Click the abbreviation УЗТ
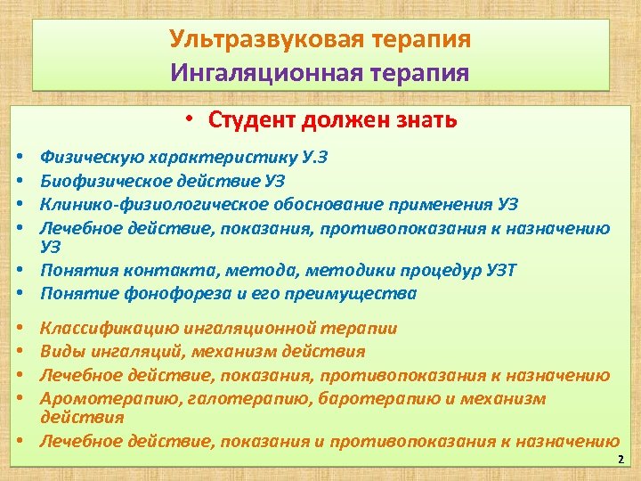click(500, 270)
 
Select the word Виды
click(60, 352)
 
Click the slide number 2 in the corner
click(621, 460)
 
